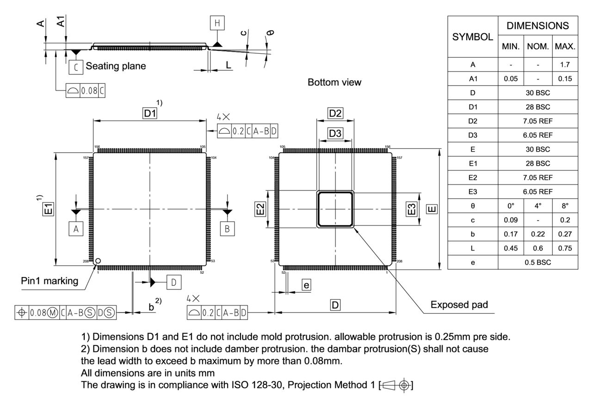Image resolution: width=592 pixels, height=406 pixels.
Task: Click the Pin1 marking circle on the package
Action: pyautogui.click(x=98, y=261)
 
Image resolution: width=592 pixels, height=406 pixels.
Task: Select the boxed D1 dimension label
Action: pyautogui.click(x=149, y=113)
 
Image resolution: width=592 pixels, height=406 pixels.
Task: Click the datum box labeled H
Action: pyautogui.click(x=216, y=23)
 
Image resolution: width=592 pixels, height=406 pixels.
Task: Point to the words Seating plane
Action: pyautogui.click(x=116, y=66)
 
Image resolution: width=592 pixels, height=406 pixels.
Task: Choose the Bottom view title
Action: pyautogui.click(x=334, y=82)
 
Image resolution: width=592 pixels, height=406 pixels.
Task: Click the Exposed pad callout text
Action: pyautogui.click(x=459, y=305)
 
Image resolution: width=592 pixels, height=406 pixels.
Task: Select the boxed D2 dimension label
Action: pyautogui.click(x=335, y=113)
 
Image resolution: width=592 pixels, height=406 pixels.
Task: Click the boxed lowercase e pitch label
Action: pyautogui.click(x=306, y=285)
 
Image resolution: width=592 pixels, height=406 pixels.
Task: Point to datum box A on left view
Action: pyautogui.click(x=75, y=228)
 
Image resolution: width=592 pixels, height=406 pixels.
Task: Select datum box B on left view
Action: pyautogui.click(x=227, y=228)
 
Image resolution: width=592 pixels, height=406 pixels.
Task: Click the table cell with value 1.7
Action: pyautogui.click(x=565, y=65)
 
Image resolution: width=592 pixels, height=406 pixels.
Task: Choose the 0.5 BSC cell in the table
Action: pyautogui.click(x=537, y=262)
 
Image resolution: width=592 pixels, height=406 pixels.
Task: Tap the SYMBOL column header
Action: pyautogui.click(x=473, y=37)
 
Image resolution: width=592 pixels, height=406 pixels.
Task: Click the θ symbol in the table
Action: pyautogui.click(x=473, y=206)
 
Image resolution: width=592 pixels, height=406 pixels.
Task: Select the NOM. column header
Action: pyautogui.click(x=537, y=46)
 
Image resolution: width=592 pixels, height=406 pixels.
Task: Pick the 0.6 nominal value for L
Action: pyautogui.click(x=537, y=248)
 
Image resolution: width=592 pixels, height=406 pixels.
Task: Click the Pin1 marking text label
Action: pyautogui.click(x=49, y=281)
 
